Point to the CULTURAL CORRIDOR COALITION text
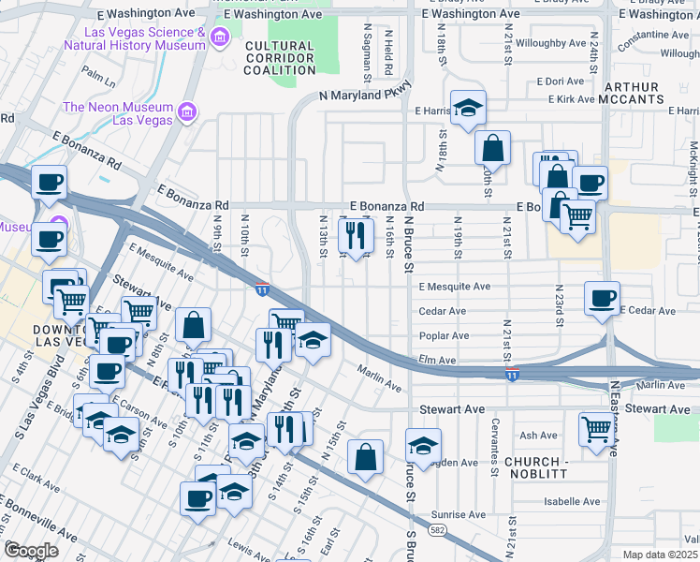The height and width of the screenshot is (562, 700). tap(279, 58)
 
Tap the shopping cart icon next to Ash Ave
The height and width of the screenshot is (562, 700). tap(596, 428)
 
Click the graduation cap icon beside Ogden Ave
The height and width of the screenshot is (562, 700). tap(423, 445)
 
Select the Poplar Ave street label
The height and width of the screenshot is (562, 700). tap(445, 335)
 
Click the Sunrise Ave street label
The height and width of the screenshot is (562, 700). tap(459, 514)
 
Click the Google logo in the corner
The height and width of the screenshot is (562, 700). tap(31, 551)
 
